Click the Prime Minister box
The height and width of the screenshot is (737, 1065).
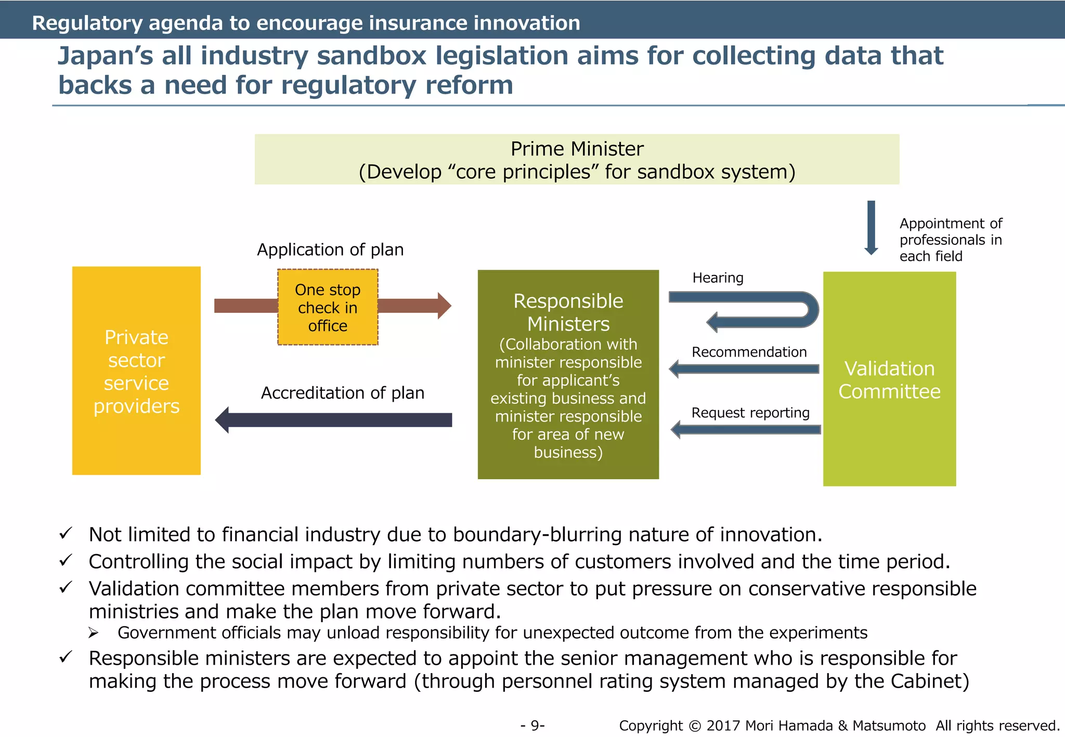577,159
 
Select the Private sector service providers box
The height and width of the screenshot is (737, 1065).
136,371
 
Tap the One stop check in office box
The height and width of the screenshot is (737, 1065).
328,307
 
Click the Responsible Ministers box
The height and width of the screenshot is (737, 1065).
568,374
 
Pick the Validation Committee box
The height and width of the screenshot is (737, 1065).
889,379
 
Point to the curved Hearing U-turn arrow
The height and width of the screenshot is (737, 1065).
754,310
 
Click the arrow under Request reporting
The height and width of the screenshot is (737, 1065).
746,430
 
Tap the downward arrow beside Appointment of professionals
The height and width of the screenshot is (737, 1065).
871,228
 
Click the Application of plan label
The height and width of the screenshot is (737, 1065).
330,250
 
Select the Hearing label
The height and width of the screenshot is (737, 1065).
718,278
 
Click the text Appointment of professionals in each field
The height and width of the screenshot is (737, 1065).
951,240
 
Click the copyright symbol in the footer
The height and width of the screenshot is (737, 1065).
695,726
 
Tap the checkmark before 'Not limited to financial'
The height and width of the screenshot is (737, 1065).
66,534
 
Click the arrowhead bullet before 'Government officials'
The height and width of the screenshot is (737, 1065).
93,633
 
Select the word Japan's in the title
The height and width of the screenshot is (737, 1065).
105,56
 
